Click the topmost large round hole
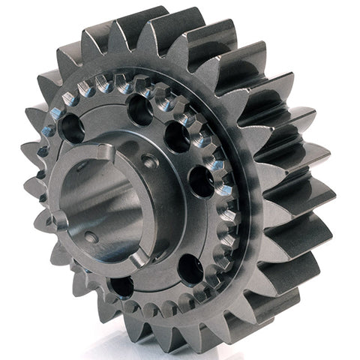(x=140, y=110)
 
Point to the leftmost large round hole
(x=73, y=128)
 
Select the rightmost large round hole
(x=201, y=181)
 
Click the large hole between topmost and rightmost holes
(x=177, y=137)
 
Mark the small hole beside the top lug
(x=151, y=160)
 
